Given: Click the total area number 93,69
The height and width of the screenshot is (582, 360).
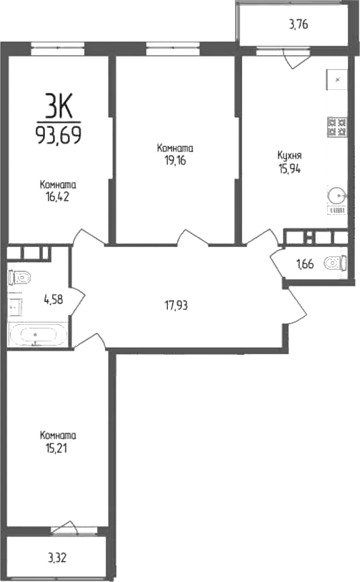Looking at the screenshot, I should [x=59, y=134].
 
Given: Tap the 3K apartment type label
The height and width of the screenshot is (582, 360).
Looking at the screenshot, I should [x=59, y=107].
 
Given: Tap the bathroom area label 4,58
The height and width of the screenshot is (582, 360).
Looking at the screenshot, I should [x=53, y=299].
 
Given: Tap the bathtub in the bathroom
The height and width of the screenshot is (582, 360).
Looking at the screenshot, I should [x=38, y=335].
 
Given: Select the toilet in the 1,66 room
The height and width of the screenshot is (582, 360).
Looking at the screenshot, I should [x=334, y=265].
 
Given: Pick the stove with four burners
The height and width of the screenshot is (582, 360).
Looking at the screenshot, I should [x=336, y=127].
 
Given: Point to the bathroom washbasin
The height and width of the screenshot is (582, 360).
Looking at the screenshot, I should [x=15, y=306].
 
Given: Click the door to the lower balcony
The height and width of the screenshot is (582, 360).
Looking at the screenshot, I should [x=65, y=528].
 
